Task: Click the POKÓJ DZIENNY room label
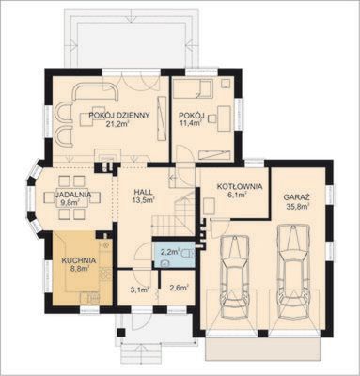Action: pos(119,115)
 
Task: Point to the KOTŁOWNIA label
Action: pos(240,187)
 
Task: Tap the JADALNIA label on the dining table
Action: pos(73,195)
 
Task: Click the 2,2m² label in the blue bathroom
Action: pos(170,251)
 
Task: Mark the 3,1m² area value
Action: pos(139,290)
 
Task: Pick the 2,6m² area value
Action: pos(179,288)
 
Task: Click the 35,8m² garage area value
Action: pos(298,206)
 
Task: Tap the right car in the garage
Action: pos(293,272)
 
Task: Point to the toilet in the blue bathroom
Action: pos(189,253)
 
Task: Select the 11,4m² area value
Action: pos(190,123)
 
